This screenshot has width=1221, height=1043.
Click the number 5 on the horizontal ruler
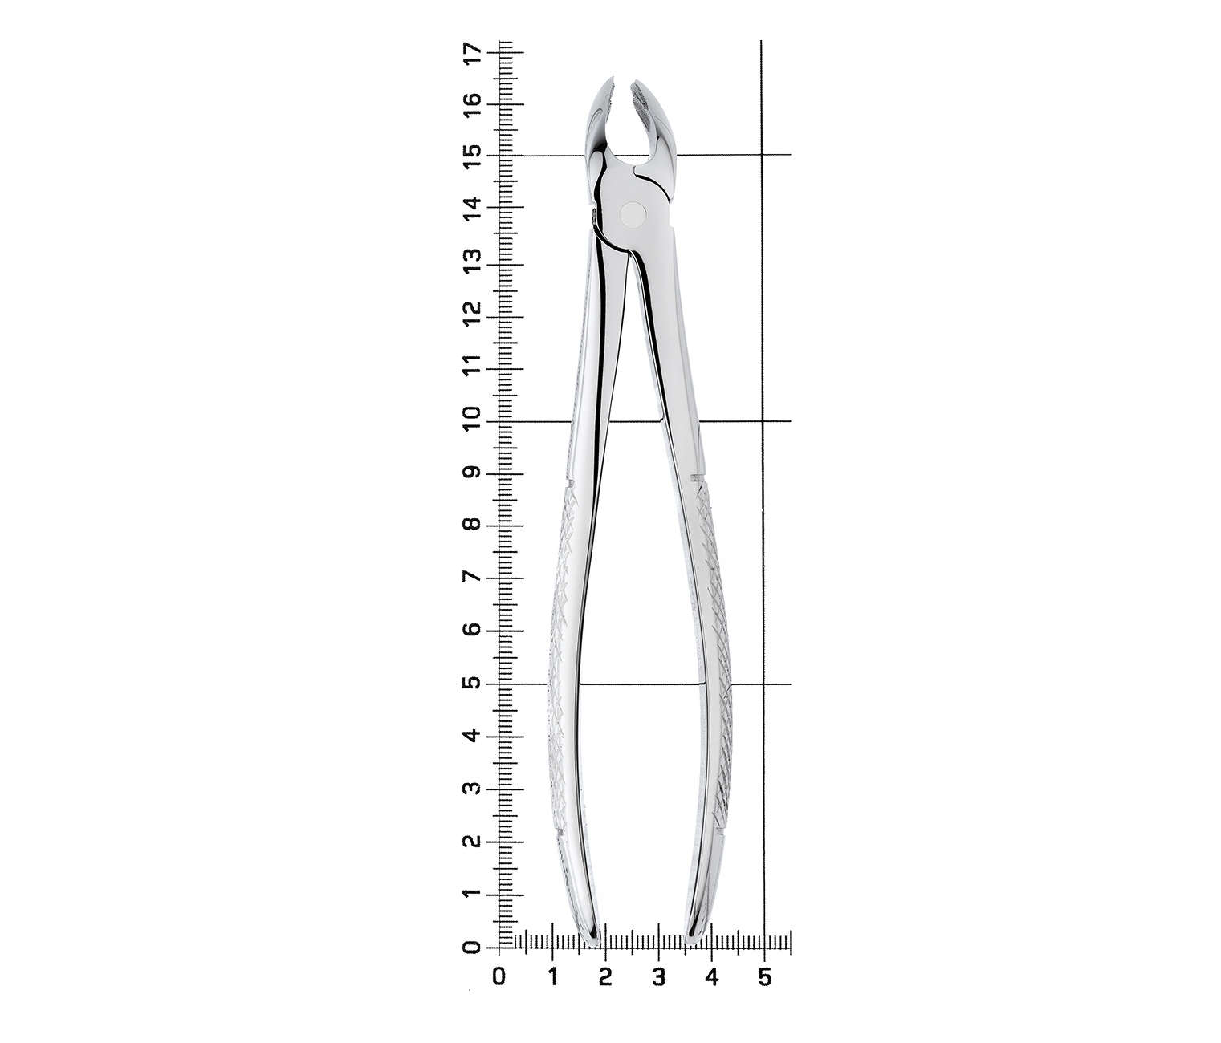pos(764,978)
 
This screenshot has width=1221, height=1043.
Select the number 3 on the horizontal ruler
pos(658,978)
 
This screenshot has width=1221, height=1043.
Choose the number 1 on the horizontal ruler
pos(553,978)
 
